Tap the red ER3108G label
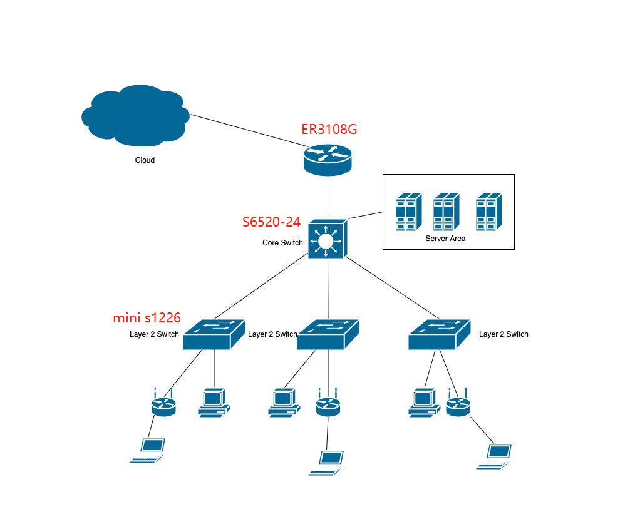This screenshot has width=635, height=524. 329,130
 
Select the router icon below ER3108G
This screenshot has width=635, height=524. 328,159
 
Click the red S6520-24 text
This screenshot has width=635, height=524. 271,222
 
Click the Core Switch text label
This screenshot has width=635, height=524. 282,243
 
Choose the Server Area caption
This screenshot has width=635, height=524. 445,239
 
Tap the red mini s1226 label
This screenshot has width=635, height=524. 147,318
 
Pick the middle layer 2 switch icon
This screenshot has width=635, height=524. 328,334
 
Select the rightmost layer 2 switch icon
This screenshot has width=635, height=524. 439,334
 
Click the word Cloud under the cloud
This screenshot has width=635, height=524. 145,160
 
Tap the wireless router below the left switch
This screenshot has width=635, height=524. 163,405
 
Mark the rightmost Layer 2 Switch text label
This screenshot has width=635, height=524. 503,334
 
